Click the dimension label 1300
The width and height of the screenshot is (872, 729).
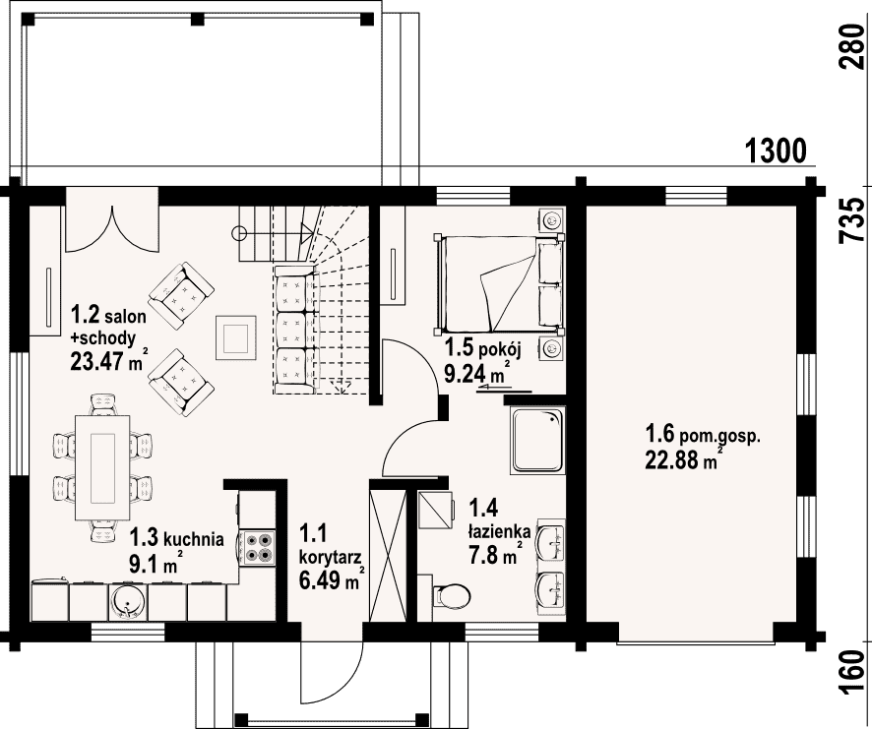tap(776, 151)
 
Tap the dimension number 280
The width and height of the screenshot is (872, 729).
tap(852, 46)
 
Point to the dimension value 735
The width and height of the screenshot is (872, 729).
tap(852, 220)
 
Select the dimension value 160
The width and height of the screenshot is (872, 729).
tap(852, 673)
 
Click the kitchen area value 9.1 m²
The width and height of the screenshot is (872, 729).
tap(153, 564)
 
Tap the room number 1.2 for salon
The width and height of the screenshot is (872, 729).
tap(85, 315)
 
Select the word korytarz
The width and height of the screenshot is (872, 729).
tap(331, 557)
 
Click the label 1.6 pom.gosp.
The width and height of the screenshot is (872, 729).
tap(703, 433)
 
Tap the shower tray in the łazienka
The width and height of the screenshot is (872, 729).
tap(537, 441)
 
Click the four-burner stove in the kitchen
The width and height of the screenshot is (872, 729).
tap(259, 548)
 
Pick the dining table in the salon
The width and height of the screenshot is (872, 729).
tap(103, 467)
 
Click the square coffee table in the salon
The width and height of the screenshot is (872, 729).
tap(236, 338)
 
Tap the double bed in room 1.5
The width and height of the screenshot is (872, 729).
tap(499, 283)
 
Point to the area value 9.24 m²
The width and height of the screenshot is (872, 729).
tap(477, 373)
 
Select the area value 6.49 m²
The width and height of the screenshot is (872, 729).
tap(332, 580)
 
